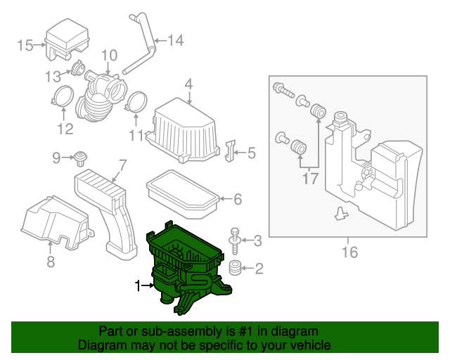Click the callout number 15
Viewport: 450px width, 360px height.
click(25, 46)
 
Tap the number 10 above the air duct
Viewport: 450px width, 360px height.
click(108, 56)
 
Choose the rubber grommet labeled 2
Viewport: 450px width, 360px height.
click(236, 267)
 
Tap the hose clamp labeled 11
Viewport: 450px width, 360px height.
click(137, 102)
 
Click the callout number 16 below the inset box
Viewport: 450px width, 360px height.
click(349, 252)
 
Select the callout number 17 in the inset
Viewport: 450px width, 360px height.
click(310, 179)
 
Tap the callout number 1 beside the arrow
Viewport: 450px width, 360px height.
click(138, 285)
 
